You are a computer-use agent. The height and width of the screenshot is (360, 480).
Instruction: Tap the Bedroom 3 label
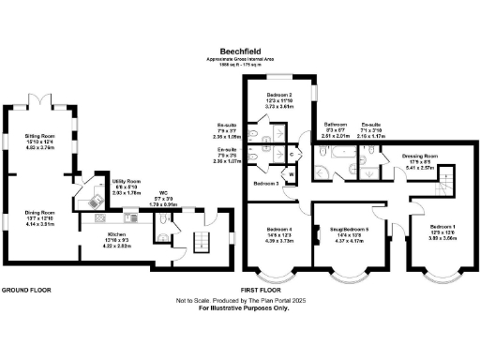[266, 184]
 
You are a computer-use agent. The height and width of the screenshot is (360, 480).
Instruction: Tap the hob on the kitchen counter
[95, 199]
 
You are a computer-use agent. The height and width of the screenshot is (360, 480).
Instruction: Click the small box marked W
[292, 173]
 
